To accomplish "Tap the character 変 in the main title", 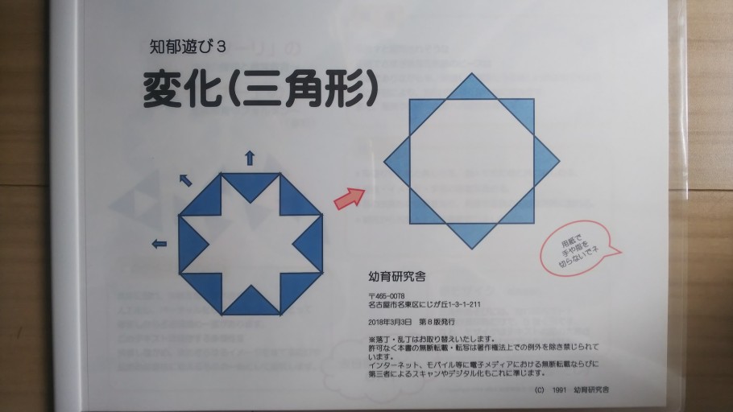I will (x=164, y=90).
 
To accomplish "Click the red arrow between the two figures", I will (x=349, y=198).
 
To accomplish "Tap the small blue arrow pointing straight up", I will (x=250, y=157).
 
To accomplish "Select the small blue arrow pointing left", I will (x=159, y=243).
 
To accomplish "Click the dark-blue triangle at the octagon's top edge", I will (x=250, y=181).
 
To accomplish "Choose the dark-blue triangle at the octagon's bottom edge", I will (x=250, y=303).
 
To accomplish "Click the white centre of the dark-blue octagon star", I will (x=250, y=244).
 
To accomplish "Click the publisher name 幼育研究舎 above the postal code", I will (x=396, y=276).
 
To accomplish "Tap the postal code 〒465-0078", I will (x=386, y=296).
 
